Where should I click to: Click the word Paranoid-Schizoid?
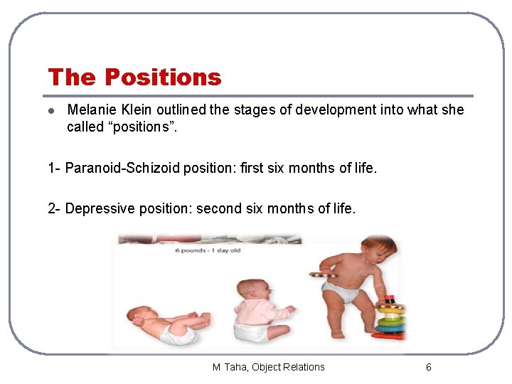click(122, 168)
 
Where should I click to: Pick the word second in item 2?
click(218, 208)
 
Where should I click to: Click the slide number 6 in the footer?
click(428, 367)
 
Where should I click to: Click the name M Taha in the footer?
click(228, 367)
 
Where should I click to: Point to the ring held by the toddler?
click(324, 274)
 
